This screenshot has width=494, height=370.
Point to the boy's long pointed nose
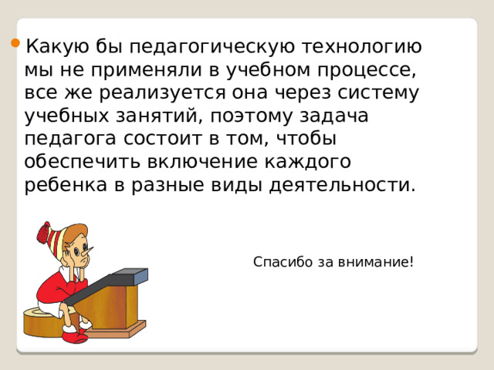95,252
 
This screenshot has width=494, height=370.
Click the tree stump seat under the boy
43,322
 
